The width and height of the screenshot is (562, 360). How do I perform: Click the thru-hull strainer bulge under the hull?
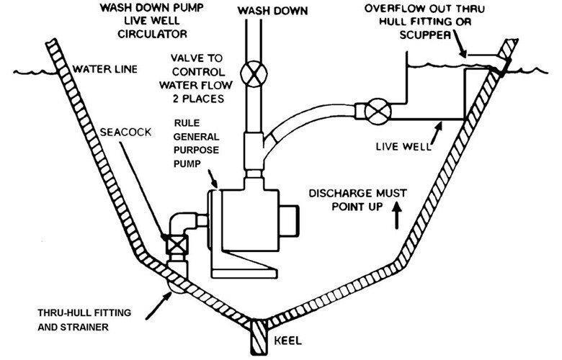coord(174,284)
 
